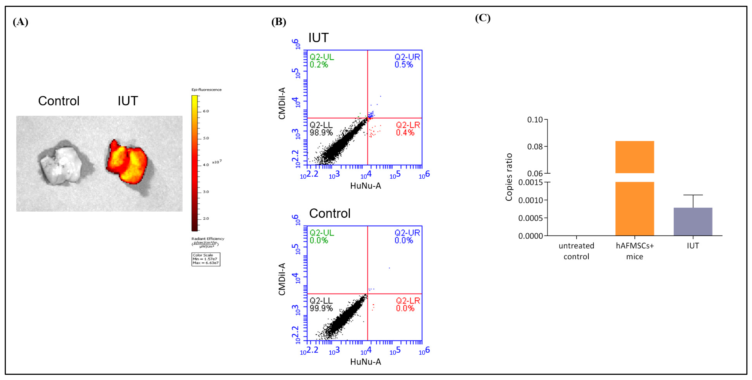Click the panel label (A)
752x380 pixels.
tap(20, 22)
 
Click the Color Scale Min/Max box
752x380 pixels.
tap(206, 259)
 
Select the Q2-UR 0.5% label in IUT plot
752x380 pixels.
tap(407, 61)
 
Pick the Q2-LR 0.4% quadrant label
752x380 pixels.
tap(408, 129)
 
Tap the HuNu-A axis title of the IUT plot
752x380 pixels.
tap(365, 186)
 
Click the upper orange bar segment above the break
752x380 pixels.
tap(634, 157)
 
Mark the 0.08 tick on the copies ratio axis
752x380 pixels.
tap(535, 146)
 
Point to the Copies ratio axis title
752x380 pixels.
tap(509, 177)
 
